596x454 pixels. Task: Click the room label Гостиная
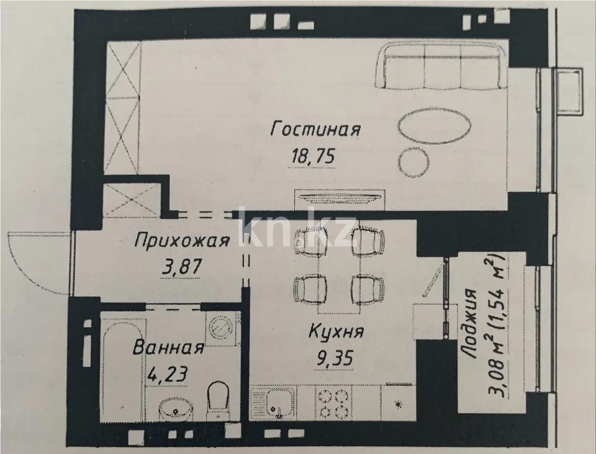[x=316, y=129]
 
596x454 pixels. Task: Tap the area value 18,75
[x=313, y=156]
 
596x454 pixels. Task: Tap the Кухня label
[x=335, y=333]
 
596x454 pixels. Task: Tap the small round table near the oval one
[x=413, y=162]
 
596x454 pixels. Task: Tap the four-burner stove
[x=333, y=402]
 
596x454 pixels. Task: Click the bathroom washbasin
[x=174, y=409]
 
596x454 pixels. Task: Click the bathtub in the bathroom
[x=122, y=366]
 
